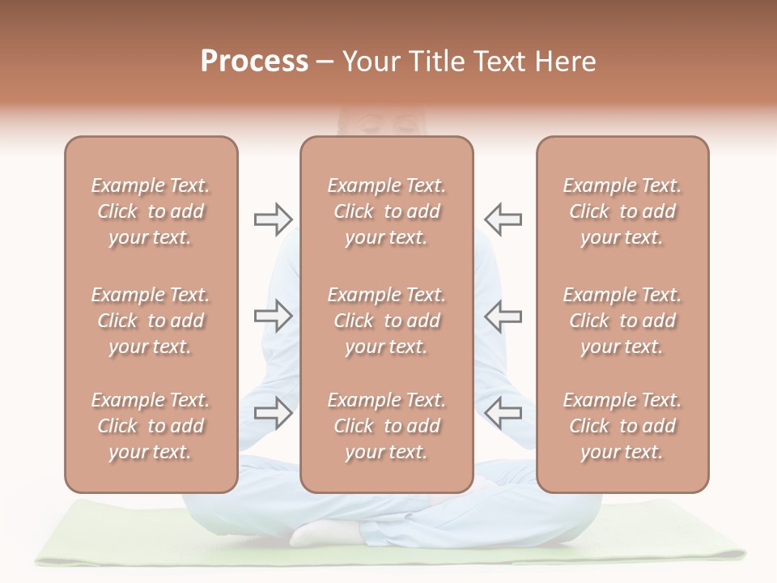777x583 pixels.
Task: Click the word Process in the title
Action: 254,62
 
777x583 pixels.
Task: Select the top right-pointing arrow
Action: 273,219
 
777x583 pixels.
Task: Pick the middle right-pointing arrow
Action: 273,316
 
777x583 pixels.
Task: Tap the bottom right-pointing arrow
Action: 273,413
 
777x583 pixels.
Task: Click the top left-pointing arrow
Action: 503,219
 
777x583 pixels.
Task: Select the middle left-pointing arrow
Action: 503,316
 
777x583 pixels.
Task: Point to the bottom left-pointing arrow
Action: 503,413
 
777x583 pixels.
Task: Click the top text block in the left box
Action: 151,211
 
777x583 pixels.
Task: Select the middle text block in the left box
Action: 151,321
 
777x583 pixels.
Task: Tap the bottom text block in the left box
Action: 151,426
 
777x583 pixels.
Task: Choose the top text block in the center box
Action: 387,211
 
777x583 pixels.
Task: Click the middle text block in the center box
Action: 387,321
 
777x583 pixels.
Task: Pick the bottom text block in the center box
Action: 387,426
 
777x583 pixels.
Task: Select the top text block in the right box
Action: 622,211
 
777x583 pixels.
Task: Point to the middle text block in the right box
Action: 622,321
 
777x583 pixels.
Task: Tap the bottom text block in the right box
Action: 622,426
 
